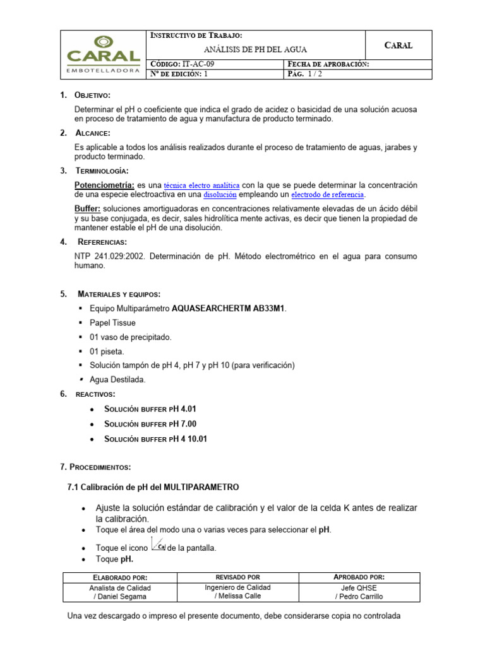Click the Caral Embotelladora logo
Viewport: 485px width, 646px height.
point(103,54)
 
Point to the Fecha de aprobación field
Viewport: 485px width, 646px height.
point(328,64)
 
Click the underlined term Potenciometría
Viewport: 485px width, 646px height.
point(104,185)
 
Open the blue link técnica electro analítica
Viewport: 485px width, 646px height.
point(201,185)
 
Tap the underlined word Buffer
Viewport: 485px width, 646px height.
point(87,208)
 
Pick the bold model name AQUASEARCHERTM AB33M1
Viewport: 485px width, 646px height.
point(229,308)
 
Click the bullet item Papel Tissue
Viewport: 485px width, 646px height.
point(112,323)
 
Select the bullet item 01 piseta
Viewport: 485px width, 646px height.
point(107,351)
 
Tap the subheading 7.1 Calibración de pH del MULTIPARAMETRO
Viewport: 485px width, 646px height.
point(153,487)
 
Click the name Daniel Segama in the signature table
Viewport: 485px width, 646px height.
point(123,596)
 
